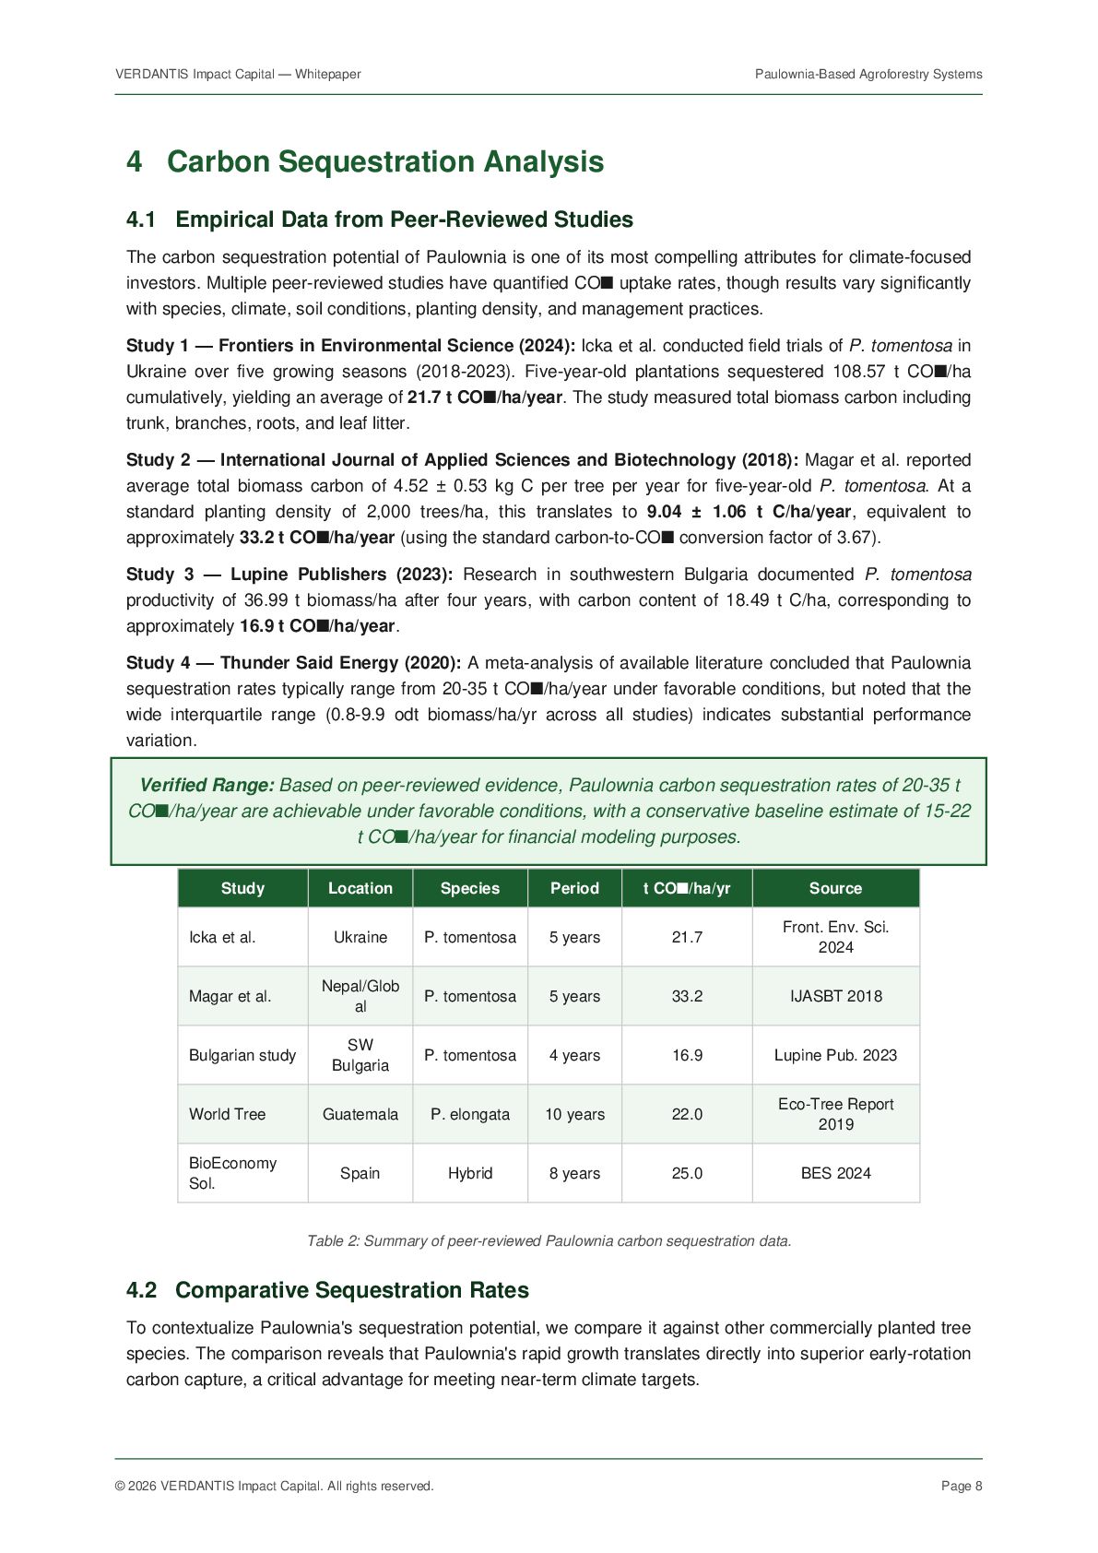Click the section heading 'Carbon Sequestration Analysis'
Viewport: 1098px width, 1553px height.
[x=384, y=161]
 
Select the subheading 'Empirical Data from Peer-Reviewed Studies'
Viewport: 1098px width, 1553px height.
[x=404, y=219]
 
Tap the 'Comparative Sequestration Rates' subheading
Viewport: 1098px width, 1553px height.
[x=351, y=1290]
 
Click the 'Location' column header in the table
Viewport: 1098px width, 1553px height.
[x=360, y=888]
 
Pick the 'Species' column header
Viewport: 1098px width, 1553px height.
[x=470, y=888]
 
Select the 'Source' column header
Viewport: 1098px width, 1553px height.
[x=835, y=888]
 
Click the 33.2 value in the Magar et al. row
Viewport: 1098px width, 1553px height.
[x=687, y=996]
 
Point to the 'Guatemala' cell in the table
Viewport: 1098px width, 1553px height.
[x=360, y=1114]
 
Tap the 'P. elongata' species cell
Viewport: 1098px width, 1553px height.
[x=470, y=1114]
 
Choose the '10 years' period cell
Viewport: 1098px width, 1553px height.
[x=574, y=1114]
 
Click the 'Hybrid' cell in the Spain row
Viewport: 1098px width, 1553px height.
[x=470, y=1173]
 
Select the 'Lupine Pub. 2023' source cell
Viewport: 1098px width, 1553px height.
[x=835, y=1055]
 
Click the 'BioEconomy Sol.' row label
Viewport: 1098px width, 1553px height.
[x=232, y=1173]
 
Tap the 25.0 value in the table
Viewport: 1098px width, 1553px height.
[x=687, y=1173]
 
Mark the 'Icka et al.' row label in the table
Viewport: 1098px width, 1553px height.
[x=222, y=937]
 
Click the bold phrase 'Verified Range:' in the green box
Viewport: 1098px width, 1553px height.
[x=207, y=786]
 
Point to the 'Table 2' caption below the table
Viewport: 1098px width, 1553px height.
[x=549, y=1241]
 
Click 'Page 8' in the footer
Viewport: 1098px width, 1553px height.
[x=962, y=1486]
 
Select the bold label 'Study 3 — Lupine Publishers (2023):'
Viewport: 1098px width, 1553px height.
[x=289, y=575]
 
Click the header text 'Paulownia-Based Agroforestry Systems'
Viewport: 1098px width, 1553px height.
[x=868, y=74]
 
